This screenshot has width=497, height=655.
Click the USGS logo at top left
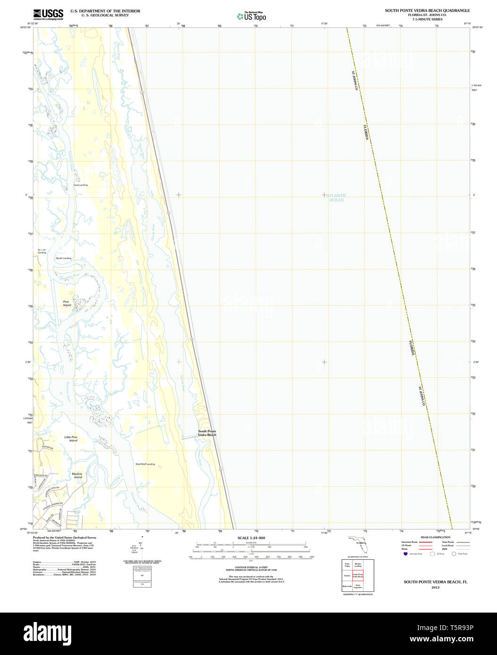pyautogui.click(x=48, y=14)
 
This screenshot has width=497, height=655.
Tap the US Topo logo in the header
pyautogui.click(x=251, y=16)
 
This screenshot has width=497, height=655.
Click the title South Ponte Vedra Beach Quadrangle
pyautogui.click(x=427, y=10)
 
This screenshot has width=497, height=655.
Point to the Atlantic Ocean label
pyautogui.click(x=336, y=198)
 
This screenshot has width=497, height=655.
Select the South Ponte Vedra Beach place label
pyautogui.click(x=207, y=433)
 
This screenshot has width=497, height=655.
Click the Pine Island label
pyautogui.click(x=66, y=303)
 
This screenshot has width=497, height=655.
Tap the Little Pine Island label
pyautogui.click(x=71, y=439)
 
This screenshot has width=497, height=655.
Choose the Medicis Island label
pyautogui.click(x=77, y=475)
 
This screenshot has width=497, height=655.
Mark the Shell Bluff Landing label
pyautogui.click(x=145, y=464)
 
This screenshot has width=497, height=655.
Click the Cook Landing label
pyautogui.click(x=80, y=185)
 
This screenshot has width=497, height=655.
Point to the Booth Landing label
pyautogui.click(x=64, y=258)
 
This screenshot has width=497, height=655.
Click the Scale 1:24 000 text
pyautogui.click(x=251, y=538)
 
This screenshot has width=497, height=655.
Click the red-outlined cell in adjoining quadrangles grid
pyautogui.click(x=358, y=575)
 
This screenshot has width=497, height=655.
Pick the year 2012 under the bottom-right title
pyautogui.click(x=435, y=588)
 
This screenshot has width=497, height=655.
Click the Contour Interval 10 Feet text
pyautogui.click(x=251, y=568)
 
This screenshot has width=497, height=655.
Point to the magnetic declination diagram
pyautogui.click(x=141, y=546)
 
